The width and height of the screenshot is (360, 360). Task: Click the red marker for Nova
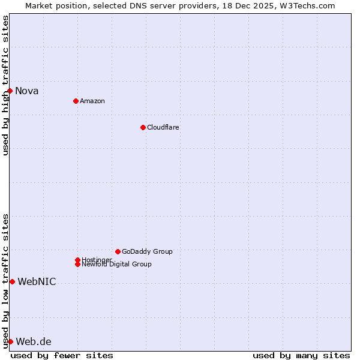coord(10,91)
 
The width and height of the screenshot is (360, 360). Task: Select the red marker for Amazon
coord(76,101)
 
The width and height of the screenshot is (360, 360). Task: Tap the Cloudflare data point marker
coord(143,127)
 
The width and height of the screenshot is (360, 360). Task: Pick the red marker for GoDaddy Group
coord(118,251)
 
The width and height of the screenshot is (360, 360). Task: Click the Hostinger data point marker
coord(77,260)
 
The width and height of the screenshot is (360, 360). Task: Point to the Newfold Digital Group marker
coord(77,265)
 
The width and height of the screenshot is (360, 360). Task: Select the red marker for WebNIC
coord(12,281)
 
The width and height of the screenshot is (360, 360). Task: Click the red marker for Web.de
coord(10,341)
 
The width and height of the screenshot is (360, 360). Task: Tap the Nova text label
coord(27,91)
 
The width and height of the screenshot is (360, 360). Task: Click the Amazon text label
coord(92,101)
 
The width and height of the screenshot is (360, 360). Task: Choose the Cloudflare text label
coord(163,127)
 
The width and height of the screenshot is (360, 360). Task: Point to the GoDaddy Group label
coord(147,251)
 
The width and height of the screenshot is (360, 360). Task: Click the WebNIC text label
coord(37,282)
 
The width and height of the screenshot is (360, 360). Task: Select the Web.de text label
coord(34,342)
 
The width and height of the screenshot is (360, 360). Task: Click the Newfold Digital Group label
coord(117,265)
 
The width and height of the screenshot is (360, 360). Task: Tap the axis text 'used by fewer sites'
coord(62,355)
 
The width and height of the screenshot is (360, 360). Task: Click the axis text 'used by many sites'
coord(301,355)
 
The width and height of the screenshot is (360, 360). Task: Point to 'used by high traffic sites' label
coord(5,85)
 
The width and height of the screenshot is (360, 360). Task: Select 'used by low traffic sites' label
coord(5,281)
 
